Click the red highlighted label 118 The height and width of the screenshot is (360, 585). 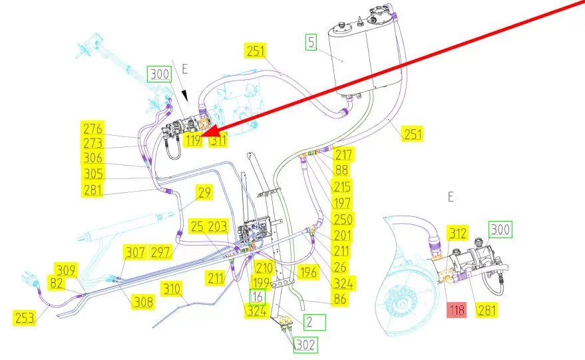point(457,309)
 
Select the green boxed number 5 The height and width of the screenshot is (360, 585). point(311,43)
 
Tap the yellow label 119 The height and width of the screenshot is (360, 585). point(194,140)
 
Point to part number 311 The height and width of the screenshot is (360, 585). point(217,140)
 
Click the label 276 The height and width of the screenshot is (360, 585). point(92,128)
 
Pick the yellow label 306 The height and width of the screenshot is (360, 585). point(92,158)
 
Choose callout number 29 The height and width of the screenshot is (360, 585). point(204,194)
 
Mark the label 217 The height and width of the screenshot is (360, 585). point(344,154)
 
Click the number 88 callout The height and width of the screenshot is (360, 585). point(341,170)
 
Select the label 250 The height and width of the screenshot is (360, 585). point(343,219)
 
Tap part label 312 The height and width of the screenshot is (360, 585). point(457,233)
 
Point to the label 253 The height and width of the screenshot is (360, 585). point(24,317)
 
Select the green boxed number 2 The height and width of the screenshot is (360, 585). point(315,323)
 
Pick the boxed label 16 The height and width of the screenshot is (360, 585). point(257,297)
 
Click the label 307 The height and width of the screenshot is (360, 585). point(134,253)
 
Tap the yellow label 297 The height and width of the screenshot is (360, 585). point(161,253)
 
